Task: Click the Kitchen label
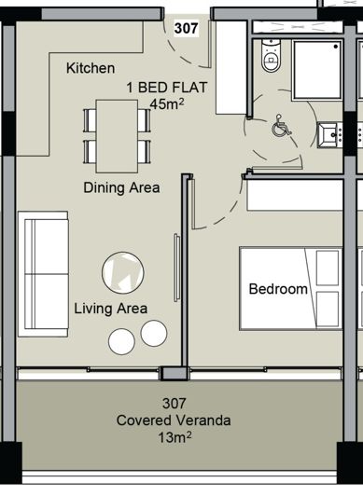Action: pos(91,68)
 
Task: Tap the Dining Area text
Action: pos(121,187)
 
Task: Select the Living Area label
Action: pos(110,309)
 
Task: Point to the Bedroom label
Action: pos(277,289)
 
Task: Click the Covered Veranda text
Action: pos(173,420)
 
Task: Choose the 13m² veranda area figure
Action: pos(173,436)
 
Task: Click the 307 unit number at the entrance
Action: pos(186,28)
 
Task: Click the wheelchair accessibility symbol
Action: pos(280,129)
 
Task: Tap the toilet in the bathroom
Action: pos(271,59)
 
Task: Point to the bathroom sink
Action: pos(328,135)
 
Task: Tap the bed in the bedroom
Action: pos(289,288)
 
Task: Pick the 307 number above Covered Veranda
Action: pos(173,405)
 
